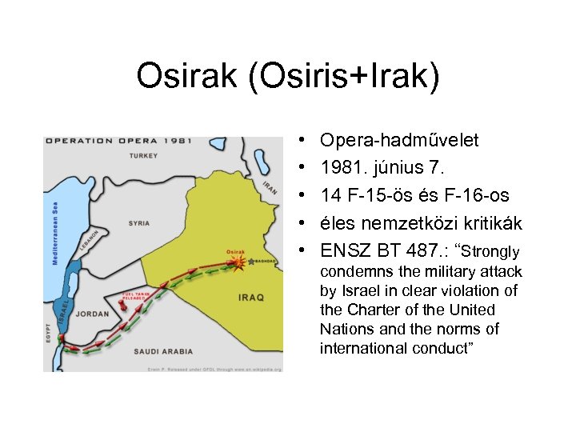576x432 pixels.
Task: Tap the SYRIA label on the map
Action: point(139,223)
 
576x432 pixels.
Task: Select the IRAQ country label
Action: point(250,297)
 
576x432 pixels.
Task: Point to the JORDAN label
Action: point(94,314)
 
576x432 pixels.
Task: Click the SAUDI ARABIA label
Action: point(163,350)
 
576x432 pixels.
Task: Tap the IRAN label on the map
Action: point(269,187)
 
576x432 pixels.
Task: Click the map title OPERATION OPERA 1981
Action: point(118,141)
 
